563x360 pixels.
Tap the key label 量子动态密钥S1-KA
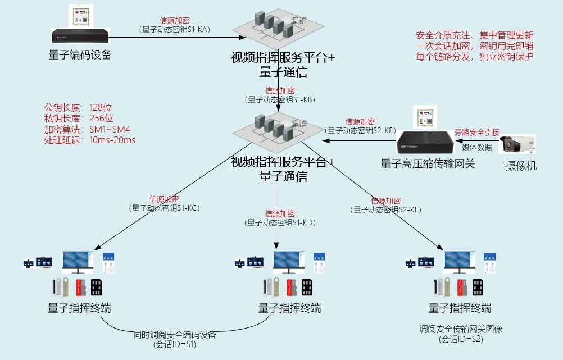[x=175, y=29]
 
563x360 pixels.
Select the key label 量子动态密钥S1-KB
[x=280, y=99]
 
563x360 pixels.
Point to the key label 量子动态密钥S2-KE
[x=361, y=130]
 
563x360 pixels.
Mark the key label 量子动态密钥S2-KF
[x=385, y=209]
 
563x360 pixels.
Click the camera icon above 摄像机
[x=517, y=145]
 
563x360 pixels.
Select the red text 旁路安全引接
[x=476, y=133]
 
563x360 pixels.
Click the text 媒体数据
[x=476, y=147]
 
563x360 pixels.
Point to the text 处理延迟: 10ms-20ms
[x=89, y=140]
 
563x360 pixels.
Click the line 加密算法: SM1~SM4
[x=87, y=129]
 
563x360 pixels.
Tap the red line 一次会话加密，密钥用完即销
[x=475, y=45]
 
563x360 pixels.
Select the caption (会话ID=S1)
[x=175, y=344]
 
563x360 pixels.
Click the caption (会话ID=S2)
[x=461, y=339]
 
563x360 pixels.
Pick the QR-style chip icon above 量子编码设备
[x=80, y=15]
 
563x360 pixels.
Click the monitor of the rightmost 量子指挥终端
[x=460, y=262]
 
